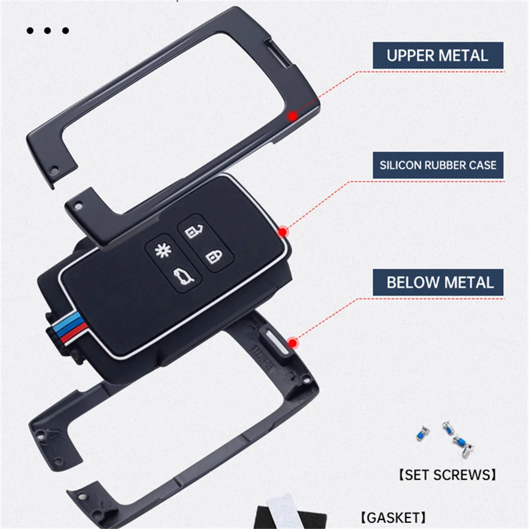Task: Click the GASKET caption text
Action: click(x=393, y=517)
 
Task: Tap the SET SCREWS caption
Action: click(x=447, y=474)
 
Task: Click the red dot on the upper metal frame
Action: click(x=292, y=116)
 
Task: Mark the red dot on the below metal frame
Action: click(x=292, y=343)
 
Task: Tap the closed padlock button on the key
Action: click(x=213, y=257)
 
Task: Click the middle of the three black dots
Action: click(x=48, y=31)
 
